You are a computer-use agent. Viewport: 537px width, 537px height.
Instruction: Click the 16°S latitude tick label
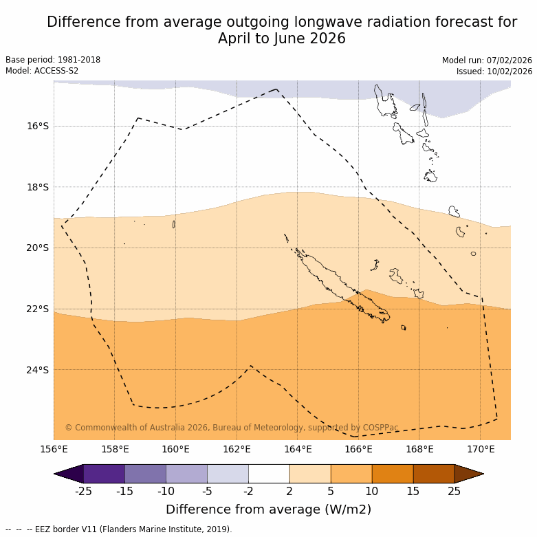[38, 126]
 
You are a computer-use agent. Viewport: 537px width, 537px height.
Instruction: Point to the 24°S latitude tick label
[38, 370]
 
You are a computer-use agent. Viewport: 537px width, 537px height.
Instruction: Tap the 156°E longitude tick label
[54, 450]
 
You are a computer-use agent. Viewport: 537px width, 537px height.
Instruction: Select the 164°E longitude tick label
[298, 450]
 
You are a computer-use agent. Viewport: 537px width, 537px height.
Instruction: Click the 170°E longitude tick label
[481, 450]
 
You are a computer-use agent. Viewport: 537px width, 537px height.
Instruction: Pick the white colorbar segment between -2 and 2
[269, 474]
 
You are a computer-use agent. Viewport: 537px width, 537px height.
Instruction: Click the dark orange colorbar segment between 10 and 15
[393, 474]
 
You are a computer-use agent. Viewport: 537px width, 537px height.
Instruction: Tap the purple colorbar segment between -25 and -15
[104, 474]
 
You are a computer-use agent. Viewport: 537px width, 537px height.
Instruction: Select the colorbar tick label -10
[166, 491]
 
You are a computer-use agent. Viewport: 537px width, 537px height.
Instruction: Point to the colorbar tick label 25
[454, 491]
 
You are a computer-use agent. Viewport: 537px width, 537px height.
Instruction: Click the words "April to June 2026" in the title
[282, 39]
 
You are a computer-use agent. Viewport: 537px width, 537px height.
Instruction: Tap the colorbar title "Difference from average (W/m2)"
[268, 509]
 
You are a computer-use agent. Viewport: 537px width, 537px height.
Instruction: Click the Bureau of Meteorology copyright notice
[232, 428]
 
